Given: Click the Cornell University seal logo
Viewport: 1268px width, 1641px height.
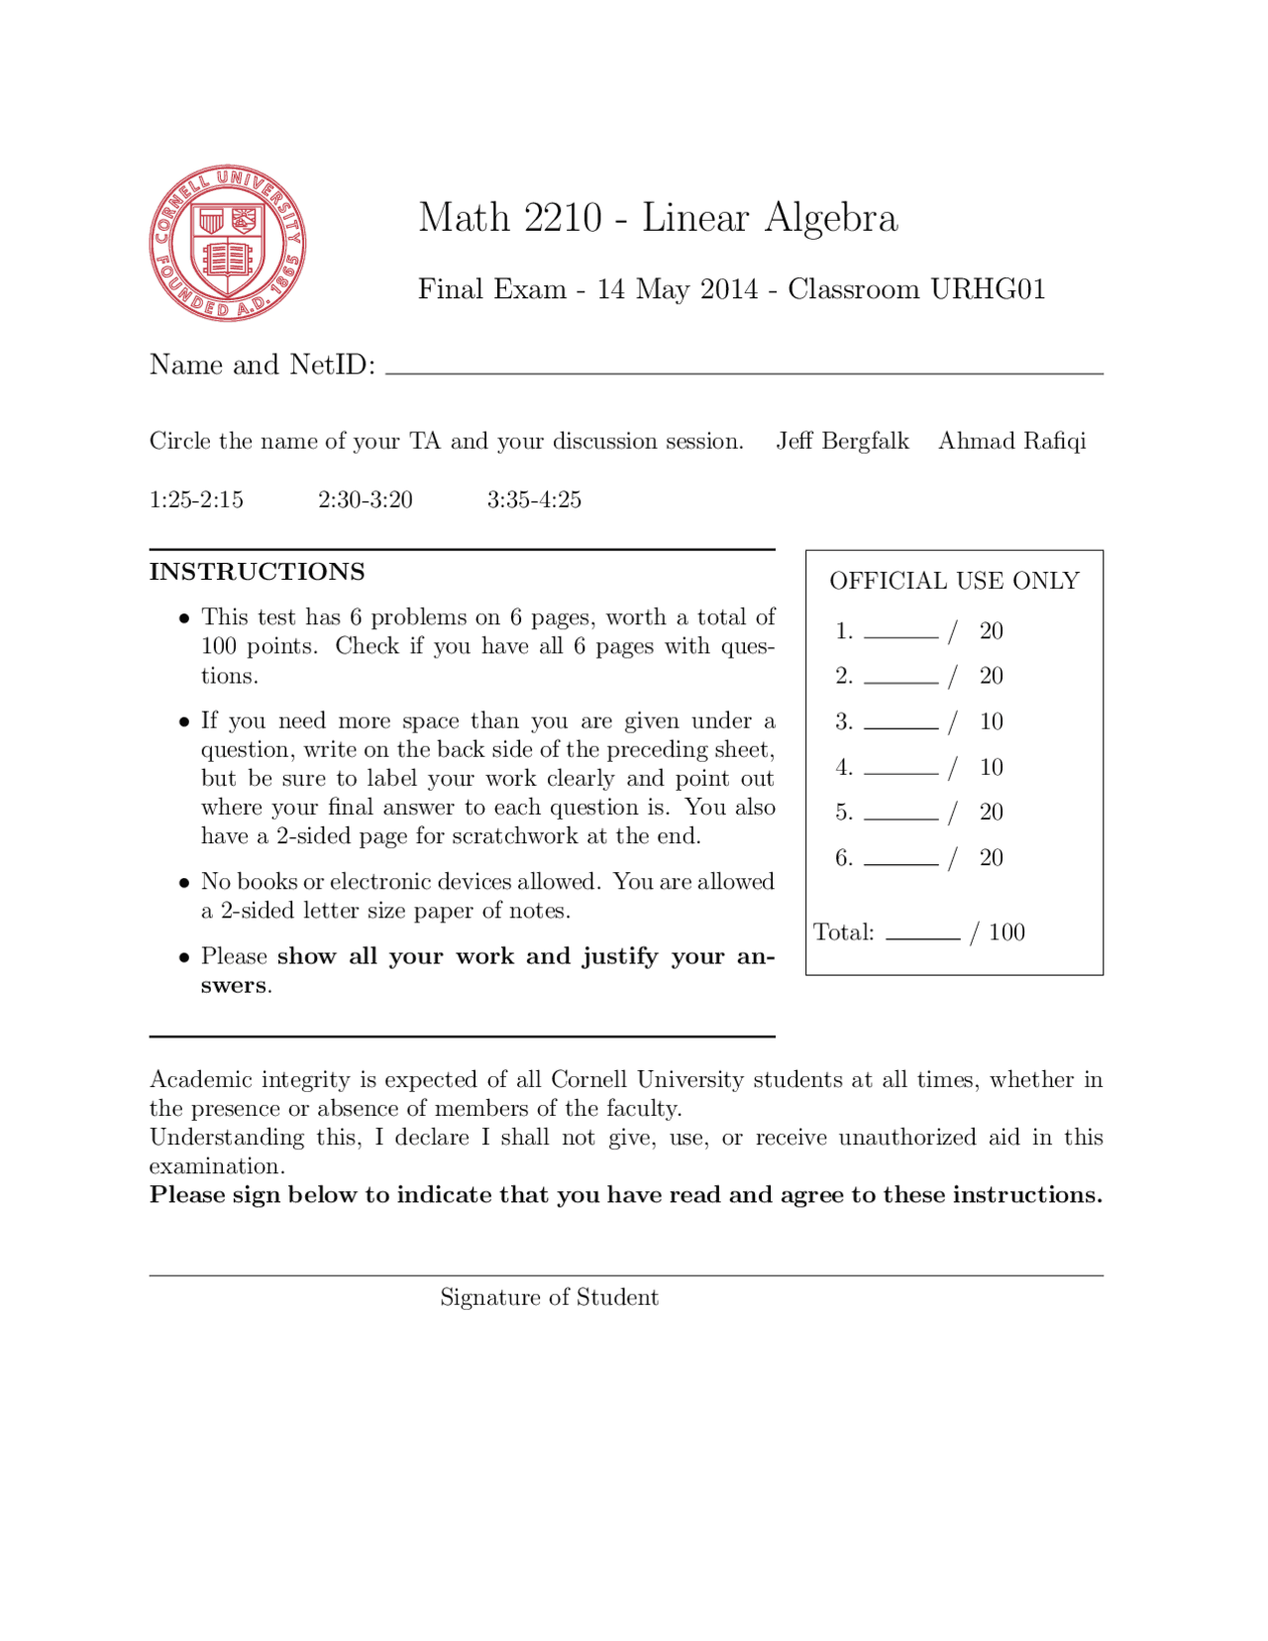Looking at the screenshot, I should tap(227, 243).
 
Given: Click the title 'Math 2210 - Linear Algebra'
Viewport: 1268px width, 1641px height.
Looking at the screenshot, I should tap(658, 218).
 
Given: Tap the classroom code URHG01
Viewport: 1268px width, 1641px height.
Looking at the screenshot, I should tap(988, 289).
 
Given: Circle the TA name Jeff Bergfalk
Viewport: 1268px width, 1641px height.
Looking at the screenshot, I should tap(842, 441).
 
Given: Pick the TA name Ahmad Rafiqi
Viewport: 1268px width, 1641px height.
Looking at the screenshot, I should tap(1011, 441).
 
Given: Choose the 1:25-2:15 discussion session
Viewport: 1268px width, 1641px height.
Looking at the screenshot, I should tap(196, 499).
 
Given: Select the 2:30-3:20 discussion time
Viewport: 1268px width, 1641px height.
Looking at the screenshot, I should tap(365, 499).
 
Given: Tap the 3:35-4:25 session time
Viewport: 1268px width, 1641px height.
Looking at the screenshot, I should tap(534, 499).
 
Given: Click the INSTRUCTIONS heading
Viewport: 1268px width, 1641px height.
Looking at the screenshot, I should tap(257, 572).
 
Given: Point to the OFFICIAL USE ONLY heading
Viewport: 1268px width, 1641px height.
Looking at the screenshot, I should tap(954, 581).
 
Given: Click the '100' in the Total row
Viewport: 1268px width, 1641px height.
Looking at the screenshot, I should tap(1006, 932).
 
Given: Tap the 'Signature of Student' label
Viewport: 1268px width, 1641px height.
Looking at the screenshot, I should tap(549, 1297).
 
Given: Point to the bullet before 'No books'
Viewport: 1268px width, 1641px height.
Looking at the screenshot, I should tap(184, 883).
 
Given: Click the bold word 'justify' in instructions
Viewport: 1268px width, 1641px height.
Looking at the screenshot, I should tap(619, 956).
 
